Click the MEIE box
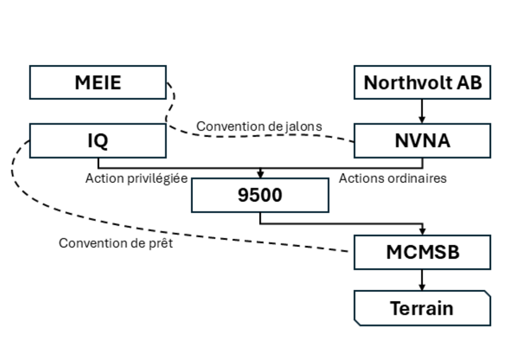(x=98, y=82)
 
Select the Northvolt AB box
(x=422, y=82)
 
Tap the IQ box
(x=98, y=141)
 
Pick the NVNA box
(x=422, y=141)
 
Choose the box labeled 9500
(x=260, y=195)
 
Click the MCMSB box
(x=422, y=252)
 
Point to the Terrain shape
(x=422, y=308)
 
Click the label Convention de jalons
(x=259, y=126)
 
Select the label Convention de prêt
(x=116, y=243)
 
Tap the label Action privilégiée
(x=136, y=178)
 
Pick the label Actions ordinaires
(x=392, y=178)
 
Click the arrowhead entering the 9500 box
(x=260, y=174)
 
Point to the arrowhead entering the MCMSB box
(x=422, y=231)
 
